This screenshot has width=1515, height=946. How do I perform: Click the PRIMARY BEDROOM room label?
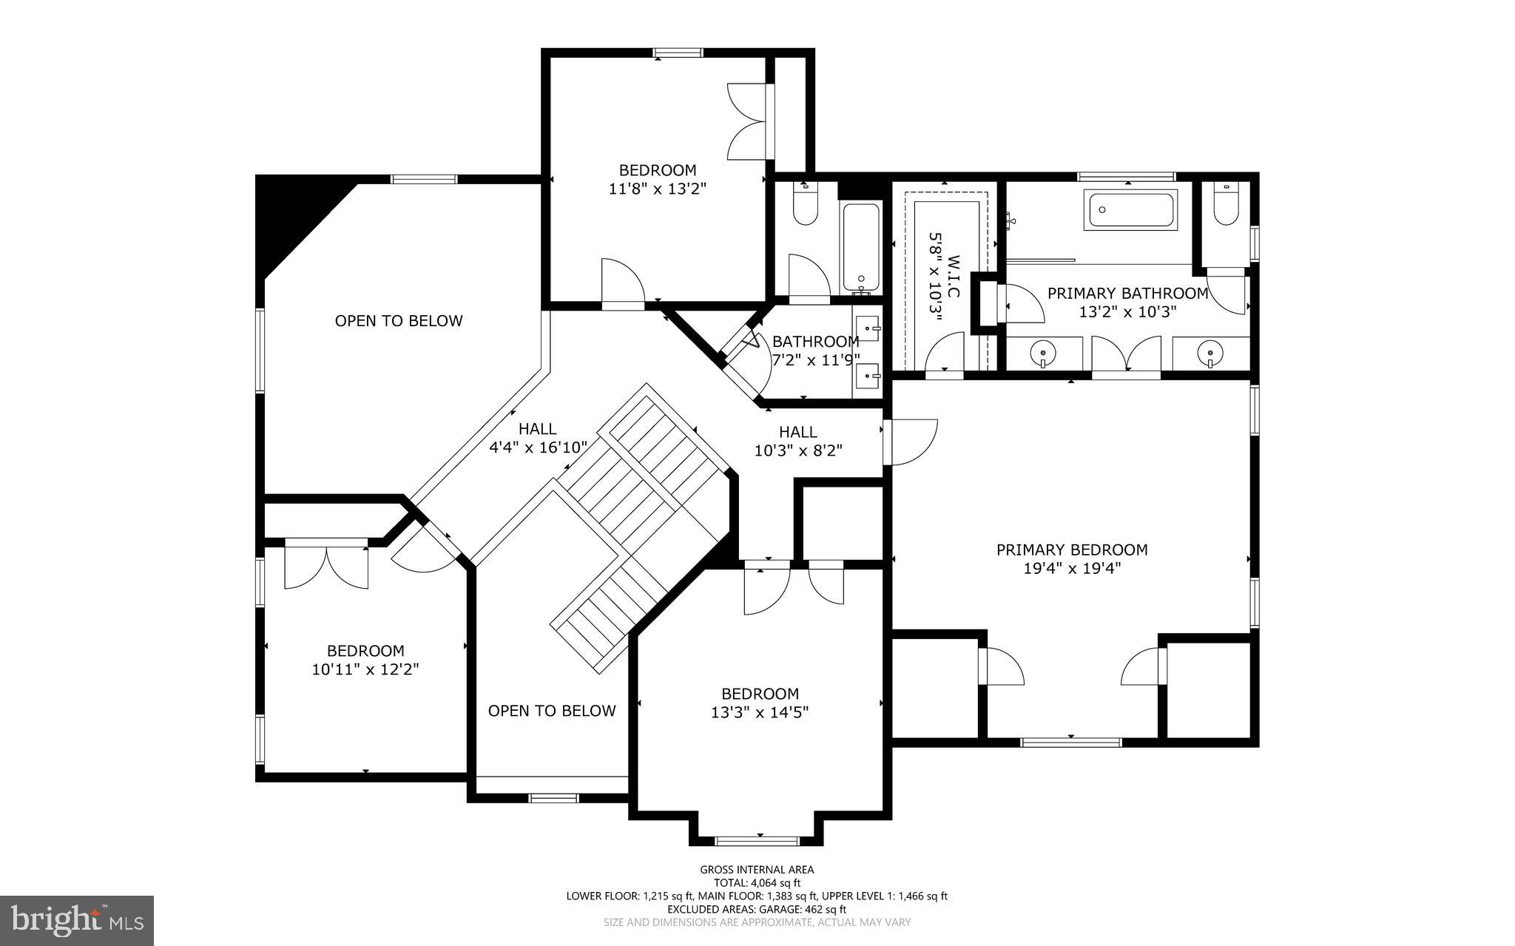pyautogui.click(x=1071, y=550)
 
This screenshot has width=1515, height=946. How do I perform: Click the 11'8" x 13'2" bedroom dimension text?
pyautogui.click(x=658, y=189)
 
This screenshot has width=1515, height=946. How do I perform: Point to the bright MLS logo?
pyautogui.click(x=76, y=920)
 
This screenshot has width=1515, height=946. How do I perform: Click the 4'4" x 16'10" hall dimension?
pyautogui.click(x=538, y=447)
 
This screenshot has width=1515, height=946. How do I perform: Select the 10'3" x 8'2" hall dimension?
pyautogui.click(x=798, y=450)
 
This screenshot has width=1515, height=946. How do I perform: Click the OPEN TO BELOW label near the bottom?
pyautogui.click(x=552, y=711)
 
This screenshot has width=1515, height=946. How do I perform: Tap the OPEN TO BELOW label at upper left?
pyautogui.click(x=399, y=321)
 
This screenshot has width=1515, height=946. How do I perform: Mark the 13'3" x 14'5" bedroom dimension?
pyautogui.click(x=760, y=712)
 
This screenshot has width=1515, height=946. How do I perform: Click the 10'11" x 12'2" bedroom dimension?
pyautogui.click(x=365, y=669)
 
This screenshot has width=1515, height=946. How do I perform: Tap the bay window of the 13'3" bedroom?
pyautogui.click(x=757, y=839)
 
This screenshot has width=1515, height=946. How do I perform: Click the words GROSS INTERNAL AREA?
pyautogui.click(x=757, y=870)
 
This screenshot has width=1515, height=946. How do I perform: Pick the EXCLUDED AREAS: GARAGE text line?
pyautogui.click(x=757, y=909)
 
